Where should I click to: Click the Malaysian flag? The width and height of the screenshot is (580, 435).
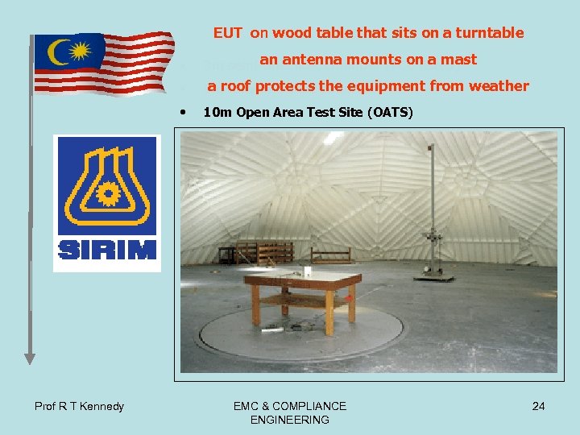click(103, 63)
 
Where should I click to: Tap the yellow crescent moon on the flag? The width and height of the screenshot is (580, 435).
click(58, 53)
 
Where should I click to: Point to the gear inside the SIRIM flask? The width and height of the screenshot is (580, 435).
click(107, 195)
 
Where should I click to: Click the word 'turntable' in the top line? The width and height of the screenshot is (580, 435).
click(489, 33)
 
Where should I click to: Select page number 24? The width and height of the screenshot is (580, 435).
click(538, 406)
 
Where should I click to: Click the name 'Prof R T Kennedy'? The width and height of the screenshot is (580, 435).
click(79, 406)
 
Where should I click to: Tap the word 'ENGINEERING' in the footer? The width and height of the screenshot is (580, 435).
click(290, 420)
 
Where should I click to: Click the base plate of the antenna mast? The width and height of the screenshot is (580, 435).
click(436, 276)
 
